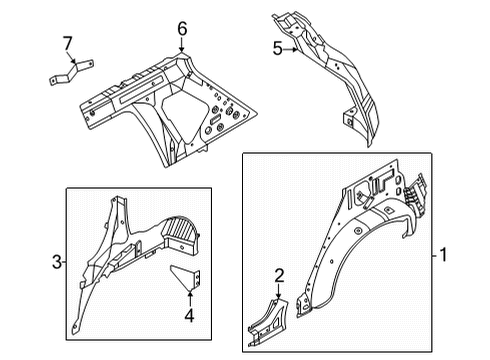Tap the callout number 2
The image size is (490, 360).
click(281, 276)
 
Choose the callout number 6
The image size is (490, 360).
click(182, 30)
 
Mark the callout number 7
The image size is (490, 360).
click(68, 42)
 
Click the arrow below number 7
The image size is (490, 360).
click(70, 60)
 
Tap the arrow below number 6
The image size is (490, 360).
click(182, 47)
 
